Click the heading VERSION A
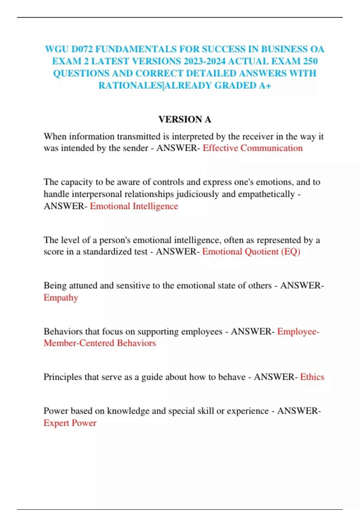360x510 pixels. tap(185, 119)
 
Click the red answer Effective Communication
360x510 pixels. tap(253, 148)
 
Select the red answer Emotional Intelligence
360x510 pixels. tap(134, 206)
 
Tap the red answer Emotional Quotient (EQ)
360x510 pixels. tap(251, 251)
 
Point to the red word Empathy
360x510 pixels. tap(61, 298)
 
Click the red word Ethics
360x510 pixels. tap(312, 377)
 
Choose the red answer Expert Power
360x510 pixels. tap(70, 423)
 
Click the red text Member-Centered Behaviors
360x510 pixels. tap(100, 343)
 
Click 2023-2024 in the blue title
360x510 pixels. tap(204, 61)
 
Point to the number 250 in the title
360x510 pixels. tap(310, 61)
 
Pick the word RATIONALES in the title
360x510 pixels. tap(130, 85)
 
